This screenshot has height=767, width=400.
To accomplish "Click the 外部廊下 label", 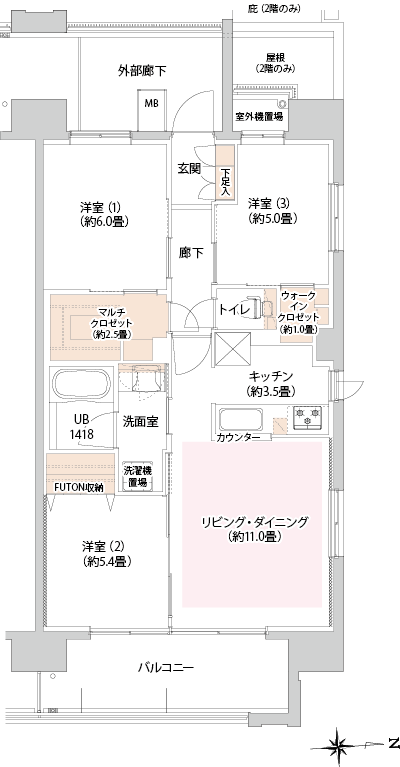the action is click(x=142, y=71).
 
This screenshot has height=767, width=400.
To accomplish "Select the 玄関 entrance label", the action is click(x=189, y=169).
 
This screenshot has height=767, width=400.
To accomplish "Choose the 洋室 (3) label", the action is click(x=272, y=210).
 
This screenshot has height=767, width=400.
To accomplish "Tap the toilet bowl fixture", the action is click(x=261, y=307).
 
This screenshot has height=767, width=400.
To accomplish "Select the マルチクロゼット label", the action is click(x=111, y=323).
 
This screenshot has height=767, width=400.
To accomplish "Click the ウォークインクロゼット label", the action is click(x=297, y=312).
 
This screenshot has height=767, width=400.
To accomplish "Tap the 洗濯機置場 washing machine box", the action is click(x=136, y=476).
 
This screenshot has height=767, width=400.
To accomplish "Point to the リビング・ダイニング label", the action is click(x=255, y=529).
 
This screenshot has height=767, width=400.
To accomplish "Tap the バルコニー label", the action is click(x=166, y=667).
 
